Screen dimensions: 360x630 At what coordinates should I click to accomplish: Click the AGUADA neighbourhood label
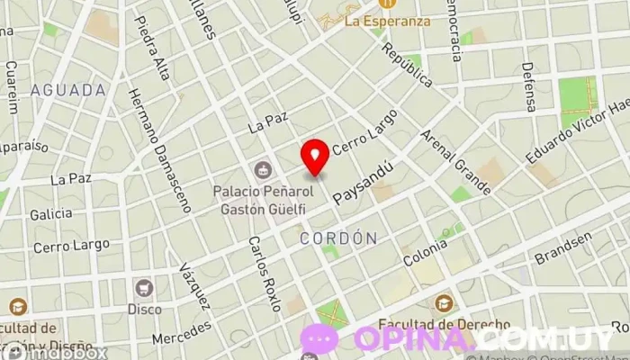pos(67,90)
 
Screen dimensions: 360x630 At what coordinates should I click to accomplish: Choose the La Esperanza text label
pos(388,21)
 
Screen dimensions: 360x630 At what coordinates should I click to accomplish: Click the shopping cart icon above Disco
pos(143,288)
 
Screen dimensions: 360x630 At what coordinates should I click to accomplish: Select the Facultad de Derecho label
pos(444,324)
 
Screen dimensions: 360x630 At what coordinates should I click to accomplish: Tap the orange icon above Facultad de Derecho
pos(444,303)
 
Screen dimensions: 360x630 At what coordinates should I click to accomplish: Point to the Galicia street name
pos(50,214)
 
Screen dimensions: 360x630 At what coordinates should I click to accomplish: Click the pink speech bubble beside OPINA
pos(319,338)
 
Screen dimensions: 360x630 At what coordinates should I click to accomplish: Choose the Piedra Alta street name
pos(150,48)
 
